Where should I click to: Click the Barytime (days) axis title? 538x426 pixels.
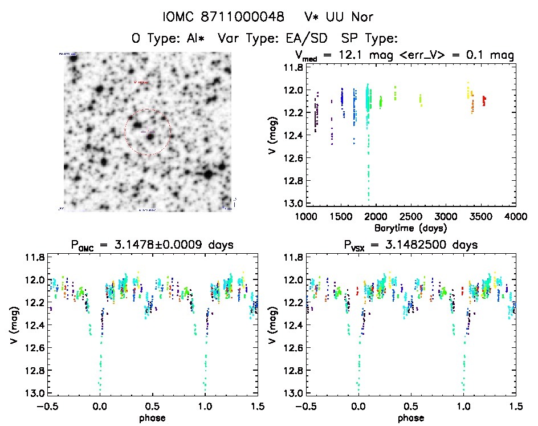click(410, 228)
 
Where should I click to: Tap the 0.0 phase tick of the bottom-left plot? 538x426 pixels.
click(100, 406)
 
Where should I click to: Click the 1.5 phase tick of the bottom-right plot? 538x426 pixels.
click(515, 406)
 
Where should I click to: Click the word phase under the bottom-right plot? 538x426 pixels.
click(410, 417)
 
